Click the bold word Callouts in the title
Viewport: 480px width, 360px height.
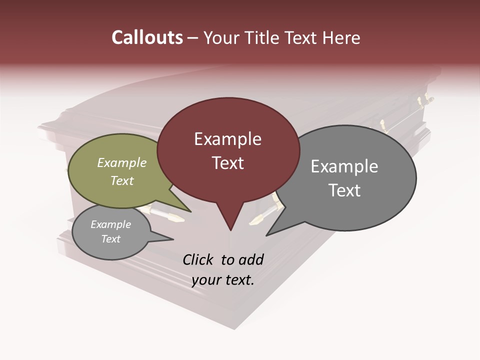pos(147,37)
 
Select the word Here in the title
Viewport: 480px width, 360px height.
pos(342,37)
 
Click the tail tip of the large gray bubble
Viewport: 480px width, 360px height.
pos(267,234)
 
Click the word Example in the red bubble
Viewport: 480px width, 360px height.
pos(227,139)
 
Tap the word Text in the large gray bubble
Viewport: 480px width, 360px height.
pos(344,190)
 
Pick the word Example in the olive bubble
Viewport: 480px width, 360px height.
pos(122,162)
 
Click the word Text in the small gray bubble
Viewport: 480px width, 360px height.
pos(111,239)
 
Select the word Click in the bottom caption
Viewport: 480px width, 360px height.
pos(197,259)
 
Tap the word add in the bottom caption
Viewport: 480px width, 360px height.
pos(251,259)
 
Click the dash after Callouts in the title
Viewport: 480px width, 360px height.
pos(193,38)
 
